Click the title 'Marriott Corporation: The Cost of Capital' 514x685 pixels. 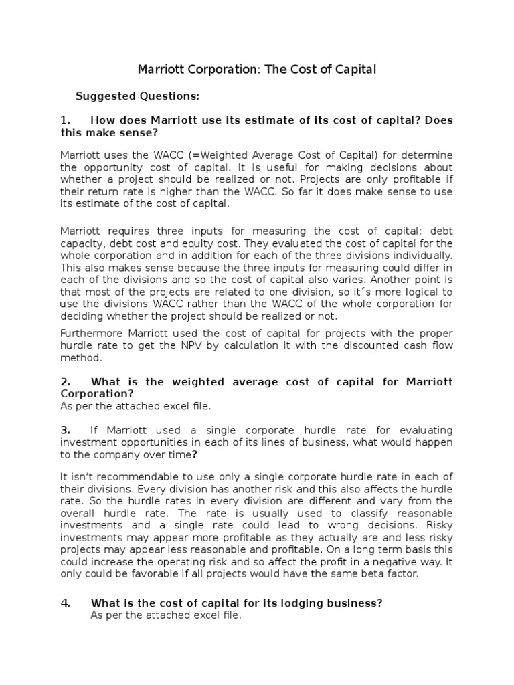[257, 69]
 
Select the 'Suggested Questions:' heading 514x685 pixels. [137, 96]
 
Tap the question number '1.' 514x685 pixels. [66, 120]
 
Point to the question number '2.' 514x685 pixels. [66, 381]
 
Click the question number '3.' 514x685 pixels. [66, 429]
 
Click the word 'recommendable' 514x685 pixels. [123, 476]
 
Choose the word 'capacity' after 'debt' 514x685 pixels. [81, 243]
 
